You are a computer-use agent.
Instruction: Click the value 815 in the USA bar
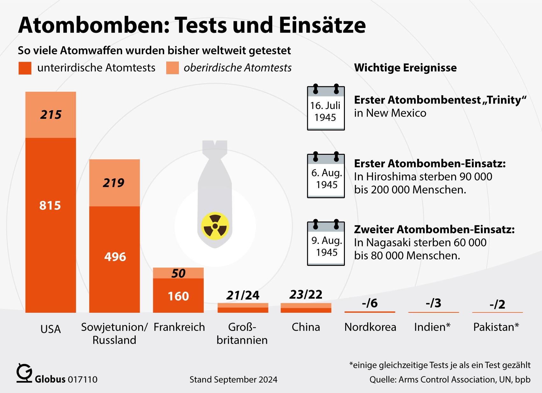(x=50, y=205)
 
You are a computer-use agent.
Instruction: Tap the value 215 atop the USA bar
(x=51, y=115)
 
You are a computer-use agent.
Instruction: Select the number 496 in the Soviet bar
(x=115, y=257)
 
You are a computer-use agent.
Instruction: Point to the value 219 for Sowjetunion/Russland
(x=113, y=183)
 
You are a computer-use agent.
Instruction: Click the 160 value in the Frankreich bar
(x=178, y=296)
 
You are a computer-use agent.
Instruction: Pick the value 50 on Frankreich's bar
(x=178, y=273)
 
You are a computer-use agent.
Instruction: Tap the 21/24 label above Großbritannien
(x=243, y=295)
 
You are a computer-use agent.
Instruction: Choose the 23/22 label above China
(x=306, y=295)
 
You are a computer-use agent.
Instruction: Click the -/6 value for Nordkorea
(x=369, y=303)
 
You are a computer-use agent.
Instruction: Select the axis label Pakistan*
(x=496, y=327)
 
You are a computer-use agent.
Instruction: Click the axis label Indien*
(x=432, y=327)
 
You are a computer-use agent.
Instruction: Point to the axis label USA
(x=51, y=329)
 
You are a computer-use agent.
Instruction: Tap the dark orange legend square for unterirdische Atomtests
(x=25, y=68)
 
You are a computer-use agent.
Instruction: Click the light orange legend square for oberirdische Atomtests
(x=172, y=68)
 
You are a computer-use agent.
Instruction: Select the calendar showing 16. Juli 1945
(x=326, y=108)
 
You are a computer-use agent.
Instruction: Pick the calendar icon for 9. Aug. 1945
(x=326, y=243)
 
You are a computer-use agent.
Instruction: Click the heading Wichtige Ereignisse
(x=405, y=68)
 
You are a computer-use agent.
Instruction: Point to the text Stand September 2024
(x=233, y=380)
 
